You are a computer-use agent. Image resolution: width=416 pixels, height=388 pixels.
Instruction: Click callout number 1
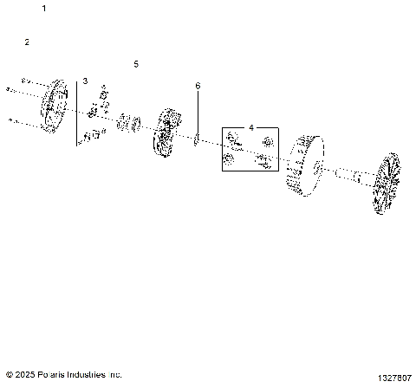pyautogui.click(x=44, y=8)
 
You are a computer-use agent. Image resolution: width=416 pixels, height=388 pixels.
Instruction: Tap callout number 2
pyautogui.click(x=27, y=42)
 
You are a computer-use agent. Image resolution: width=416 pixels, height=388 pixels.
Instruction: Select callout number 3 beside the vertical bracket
pyautogui.click(x=85, y=81)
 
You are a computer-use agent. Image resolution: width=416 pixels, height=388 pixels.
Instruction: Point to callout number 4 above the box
pyautogui.click(x=251, y=127)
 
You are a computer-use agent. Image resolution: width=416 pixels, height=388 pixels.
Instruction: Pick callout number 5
pyautogui.click(x=135, y=64)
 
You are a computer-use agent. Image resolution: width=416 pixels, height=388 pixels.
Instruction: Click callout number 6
pyautogui.click(x=198, y=86)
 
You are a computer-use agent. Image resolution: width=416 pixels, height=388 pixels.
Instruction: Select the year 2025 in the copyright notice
pyautogui.click(x=23, y=375)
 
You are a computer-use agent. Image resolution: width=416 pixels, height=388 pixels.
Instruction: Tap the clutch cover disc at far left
pyautogui.click(x=55, y=107)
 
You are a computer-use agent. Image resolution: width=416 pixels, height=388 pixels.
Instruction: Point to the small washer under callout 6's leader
pyautogui.click(x=197, y=139)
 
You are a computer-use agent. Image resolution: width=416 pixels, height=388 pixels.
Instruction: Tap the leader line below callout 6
pyautogui.click(x=198, y=113)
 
